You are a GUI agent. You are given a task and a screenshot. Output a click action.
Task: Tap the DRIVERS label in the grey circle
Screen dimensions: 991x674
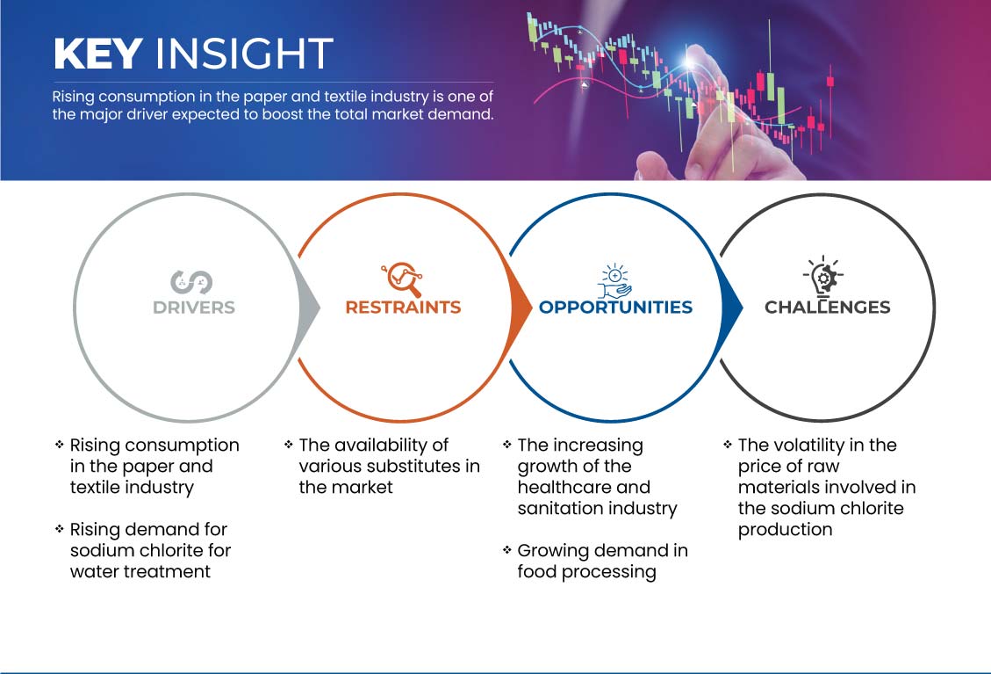(194, 308)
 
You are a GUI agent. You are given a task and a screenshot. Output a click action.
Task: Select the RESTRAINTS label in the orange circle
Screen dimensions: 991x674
(403, 308)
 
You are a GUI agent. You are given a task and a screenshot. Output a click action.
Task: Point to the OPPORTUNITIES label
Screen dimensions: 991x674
(615, 308)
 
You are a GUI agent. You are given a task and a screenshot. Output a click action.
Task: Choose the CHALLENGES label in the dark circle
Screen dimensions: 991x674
(828, 308)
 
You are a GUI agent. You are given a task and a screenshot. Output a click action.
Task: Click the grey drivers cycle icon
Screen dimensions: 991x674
(191, 282)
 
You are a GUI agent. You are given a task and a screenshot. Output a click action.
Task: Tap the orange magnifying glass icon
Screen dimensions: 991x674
(402, 279)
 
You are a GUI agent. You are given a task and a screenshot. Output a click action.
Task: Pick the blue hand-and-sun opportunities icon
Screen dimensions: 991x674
(615, 281)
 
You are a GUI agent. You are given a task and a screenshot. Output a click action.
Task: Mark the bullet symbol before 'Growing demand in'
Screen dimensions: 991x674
(506, 550)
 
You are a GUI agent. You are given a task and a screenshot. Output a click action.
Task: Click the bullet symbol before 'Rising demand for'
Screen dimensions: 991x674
(60, 528)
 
